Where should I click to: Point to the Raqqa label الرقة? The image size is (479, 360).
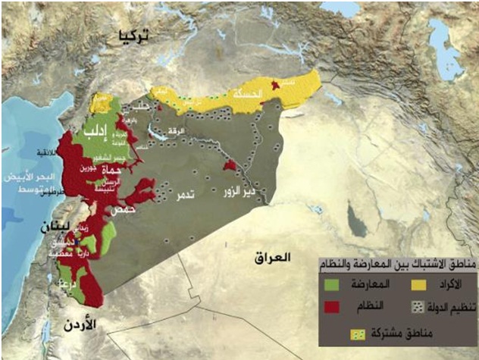(x=175, y=130)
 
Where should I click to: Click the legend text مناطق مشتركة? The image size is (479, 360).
(x=396, y=332)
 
